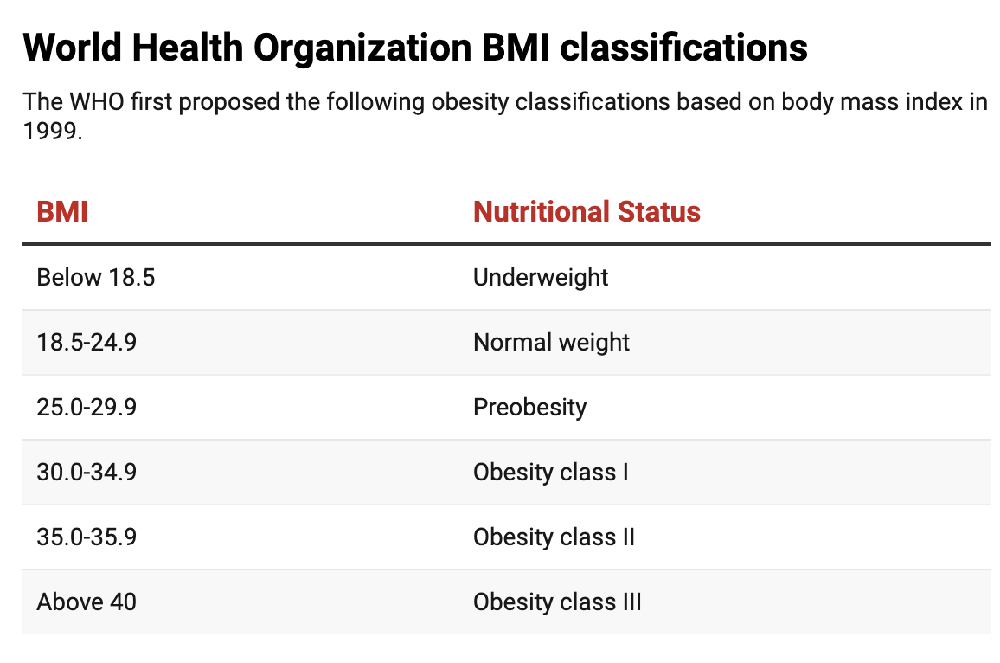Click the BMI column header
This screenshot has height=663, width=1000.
[x=62, y=212]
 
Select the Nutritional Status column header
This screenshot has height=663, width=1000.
[x=587, y=212]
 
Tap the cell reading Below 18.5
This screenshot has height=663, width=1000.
[x=96, y=278]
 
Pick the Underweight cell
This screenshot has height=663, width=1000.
[x=541, y=278]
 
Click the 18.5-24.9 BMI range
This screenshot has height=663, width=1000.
[x=87, y=343]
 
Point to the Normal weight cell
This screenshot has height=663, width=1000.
[x=551, y=343]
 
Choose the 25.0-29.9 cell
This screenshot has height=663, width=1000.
[x=87, y=408]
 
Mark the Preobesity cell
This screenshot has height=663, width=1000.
[x=529, y=408]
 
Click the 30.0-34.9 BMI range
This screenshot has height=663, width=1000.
[x=87, y=473]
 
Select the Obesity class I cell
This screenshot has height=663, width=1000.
[x=550, y=473]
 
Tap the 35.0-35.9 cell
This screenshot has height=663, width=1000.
[x=87, y=537]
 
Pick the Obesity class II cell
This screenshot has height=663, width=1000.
[x=554, y=537]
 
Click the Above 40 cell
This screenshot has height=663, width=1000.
[x=87, y=602]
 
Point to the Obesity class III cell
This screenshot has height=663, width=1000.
[x=557, y=602]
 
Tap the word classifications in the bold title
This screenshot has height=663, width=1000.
[x=683, y=48]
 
